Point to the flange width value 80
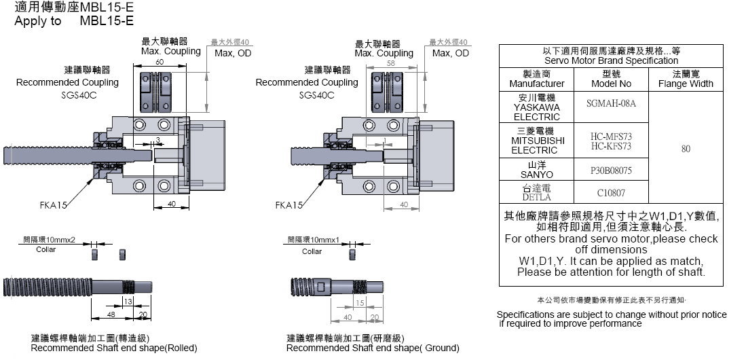click(x=685, y=149)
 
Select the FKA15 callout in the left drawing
click(x=53, y=204)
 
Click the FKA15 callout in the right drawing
click(x=288, y=204)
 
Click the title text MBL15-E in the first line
click(x=107, y=8)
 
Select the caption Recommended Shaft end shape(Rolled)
click(x=114, y=348)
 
